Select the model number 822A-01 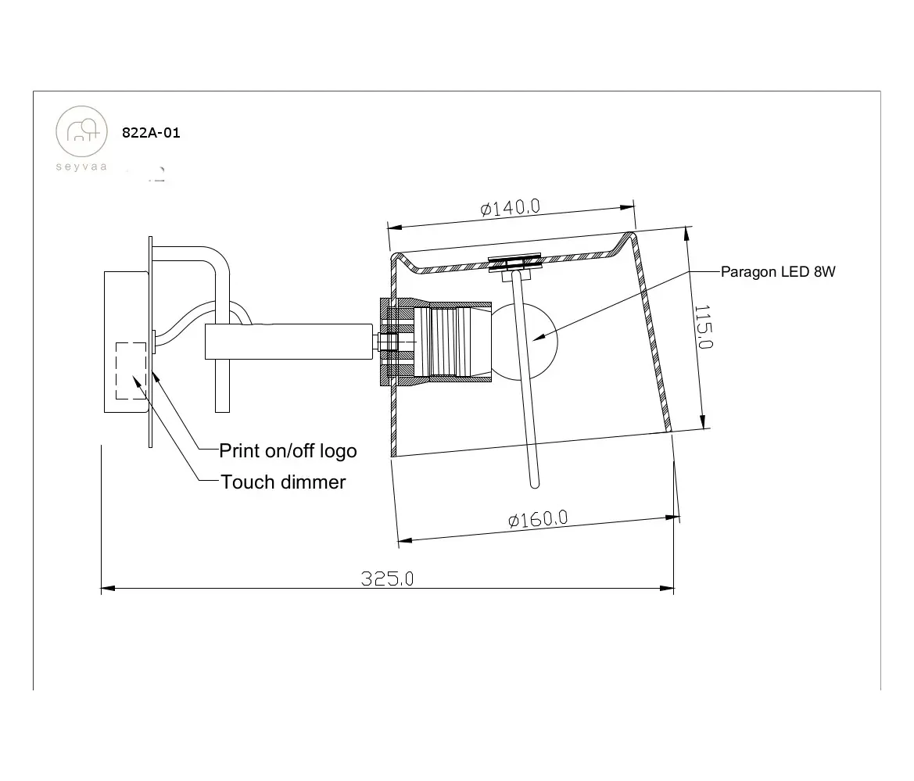point(151,133)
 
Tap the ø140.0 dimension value point(511,207)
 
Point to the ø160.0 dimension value point(538,518)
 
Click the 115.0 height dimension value point(703,327)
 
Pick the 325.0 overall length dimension point(387,579)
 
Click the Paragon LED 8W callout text point(778,272)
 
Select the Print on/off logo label point(288,451)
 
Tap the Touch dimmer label point(283,482)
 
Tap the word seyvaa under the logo point(81,167)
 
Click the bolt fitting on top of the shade point(514,264)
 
